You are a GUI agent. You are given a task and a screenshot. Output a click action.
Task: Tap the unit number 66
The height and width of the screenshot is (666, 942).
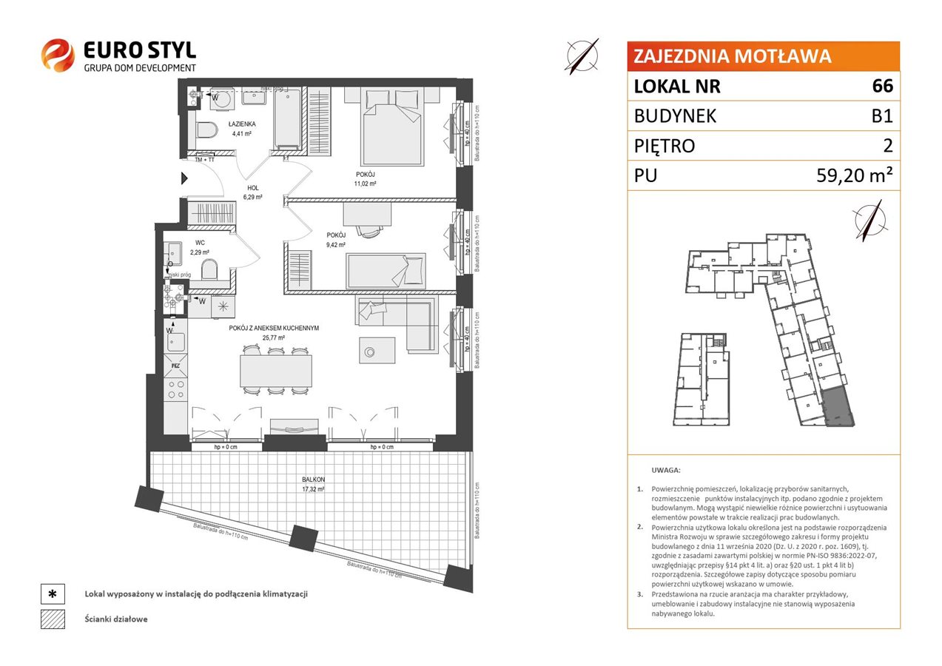(x=882, y=87)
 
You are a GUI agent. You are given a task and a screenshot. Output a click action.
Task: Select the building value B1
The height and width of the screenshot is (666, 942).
(x=882, y=116)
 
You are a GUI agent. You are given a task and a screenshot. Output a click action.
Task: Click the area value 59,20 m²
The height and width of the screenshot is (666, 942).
(x=852, y=175)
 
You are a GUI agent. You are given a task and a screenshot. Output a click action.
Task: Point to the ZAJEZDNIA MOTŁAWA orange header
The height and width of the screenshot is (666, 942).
(x=763, y=56)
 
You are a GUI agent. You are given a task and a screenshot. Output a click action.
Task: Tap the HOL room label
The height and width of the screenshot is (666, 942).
(x=253, y=188)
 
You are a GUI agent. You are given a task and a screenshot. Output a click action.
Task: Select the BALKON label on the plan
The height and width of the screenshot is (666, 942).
(x=313, y=480)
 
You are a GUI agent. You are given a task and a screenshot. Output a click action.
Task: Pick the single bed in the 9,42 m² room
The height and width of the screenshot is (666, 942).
(x=386, y=271)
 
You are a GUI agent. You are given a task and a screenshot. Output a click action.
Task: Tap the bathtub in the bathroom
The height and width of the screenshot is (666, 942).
(x=287, y=118)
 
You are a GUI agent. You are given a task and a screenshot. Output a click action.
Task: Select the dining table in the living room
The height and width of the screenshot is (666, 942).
(x=275, y=371)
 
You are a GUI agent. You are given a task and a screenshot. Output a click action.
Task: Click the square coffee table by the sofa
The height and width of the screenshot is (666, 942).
(x=377, y=349)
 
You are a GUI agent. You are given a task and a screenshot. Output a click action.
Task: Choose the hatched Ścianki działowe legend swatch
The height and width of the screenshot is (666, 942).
(x=53, y=619)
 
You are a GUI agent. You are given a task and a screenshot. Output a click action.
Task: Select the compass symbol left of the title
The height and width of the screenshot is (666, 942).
(x=582, y=55)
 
